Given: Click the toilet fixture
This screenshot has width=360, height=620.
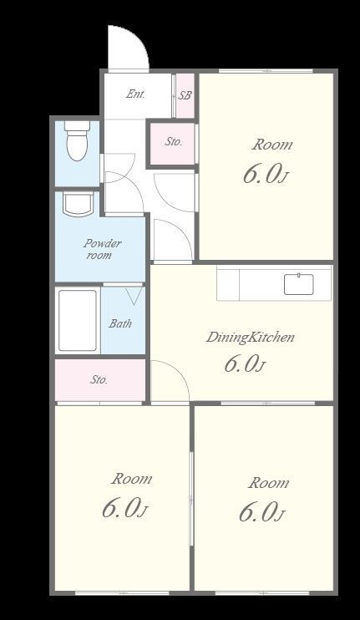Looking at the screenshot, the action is [77, 140].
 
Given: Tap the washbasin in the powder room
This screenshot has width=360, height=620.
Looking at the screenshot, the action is [79, 204].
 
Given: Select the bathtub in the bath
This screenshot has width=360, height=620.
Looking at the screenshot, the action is [78, 320].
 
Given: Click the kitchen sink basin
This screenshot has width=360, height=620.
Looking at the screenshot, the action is [299, 284].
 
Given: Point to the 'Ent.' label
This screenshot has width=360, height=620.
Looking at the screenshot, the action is [136, 94].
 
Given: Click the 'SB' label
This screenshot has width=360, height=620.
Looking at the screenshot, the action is [185, 95].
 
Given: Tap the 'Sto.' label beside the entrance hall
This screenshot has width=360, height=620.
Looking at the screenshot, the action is [174, 141].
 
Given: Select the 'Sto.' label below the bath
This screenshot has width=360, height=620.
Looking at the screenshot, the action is [99, 380].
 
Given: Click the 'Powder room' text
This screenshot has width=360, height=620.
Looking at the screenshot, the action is [102, 249].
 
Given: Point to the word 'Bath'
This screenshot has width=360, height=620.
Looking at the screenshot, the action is [120, 323].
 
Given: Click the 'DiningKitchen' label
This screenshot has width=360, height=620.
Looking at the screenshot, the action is [251, 338].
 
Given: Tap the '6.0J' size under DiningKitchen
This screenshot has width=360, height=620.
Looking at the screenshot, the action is [245, 363].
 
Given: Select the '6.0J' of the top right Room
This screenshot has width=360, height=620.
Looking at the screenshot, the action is [264, 174].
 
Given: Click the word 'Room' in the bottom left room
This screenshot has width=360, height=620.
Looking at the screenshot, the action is [131, 479].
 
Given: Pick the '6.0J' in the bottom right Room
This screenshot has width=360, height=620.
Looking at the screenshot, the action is [261, 512].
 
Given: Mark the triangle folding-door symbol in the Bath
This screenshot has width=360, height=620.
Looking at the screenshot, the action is [134, 296].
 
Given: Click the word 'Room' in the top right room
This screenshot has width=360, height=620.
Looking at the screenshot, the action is [272, 145].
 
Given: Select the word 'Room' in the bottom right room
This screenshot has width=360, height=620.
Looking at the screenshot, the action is [268, 483].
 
